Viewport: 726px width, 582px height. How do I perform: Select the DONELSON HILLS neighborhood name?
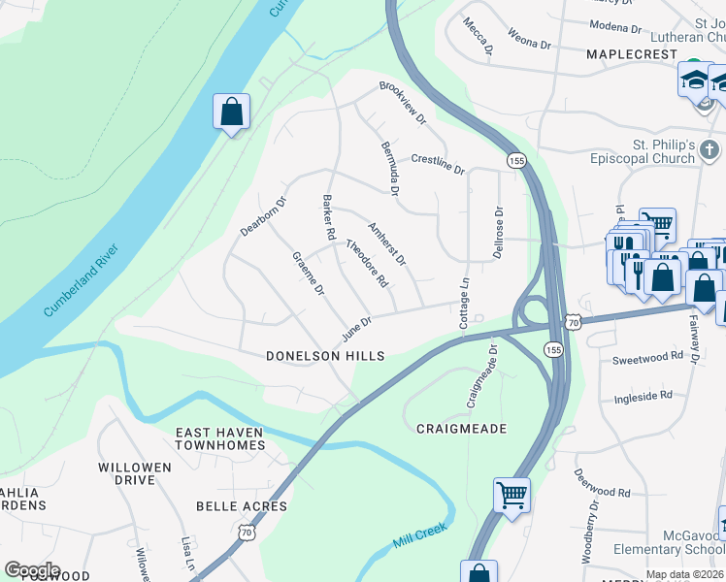tap(325, 357)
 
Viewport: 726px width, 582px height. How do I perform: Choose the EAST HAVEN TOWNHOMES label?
tap(219, 438)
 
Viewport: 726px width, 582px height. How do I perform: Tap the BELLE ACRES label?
tap(242, 506)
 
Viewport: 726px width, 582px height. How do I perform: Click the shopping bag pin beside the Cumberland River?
tap(232, 113)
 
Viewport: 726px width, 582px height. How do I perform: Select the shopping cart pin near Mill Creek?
tap(511, 496)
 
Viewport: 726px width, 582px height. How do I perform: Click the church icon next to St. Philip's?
tap(710, 150)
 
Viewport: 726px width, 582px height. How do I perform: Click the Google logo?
tap(32, 570)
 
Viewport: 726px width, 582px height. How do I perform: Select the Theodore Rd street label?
tap(368, 264)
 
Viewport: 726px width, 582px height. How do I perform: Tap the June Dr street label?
tap(356, 329)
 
